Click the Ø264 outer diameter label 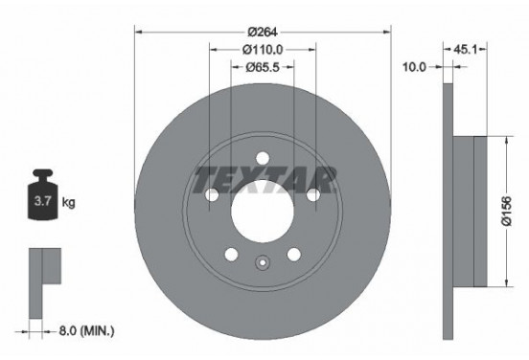[x=263, y=30]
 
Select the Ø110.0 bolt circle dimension [x=263, y=49]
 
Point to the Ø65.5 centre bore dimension [x=263, y=67]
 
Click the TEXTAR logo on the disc [x=264, y=177]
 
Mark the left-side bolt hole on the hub [x=211, y=195]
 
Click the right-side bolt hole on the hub [x=314, y=195]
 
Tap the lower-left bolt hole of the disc [x=231, y=255]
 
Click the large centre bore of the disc [x=263, y=209]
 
